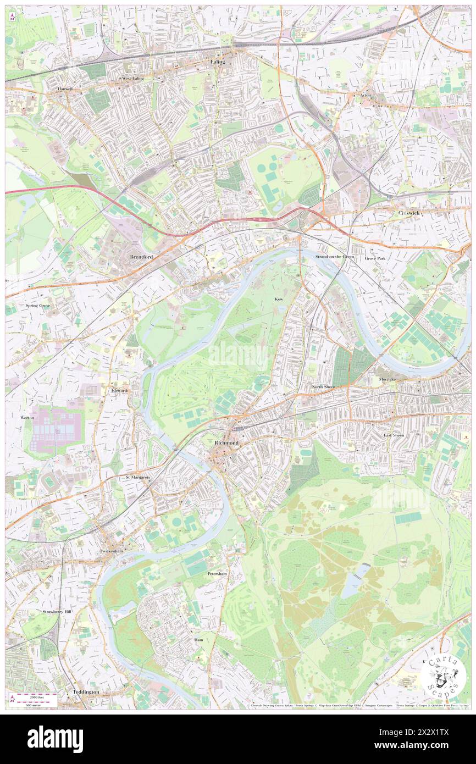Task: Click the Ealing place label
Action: coord(218,62)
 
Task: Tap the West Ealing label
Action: coord(132,79)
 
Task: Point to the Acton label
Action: coord(366,95)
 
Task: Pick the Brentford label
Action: coord(141,257)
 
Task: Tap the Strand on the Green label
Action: coord(334,257)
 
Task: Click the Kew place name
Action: coord(280,299)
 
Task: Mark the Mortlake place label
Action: coord(387,379)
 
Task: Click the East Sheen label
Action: coord(394,435)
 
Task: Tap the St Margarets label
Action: coord(138,477)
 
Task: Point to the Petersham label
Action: coord(217,573)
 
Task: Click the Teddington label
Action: coord(86,691)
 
